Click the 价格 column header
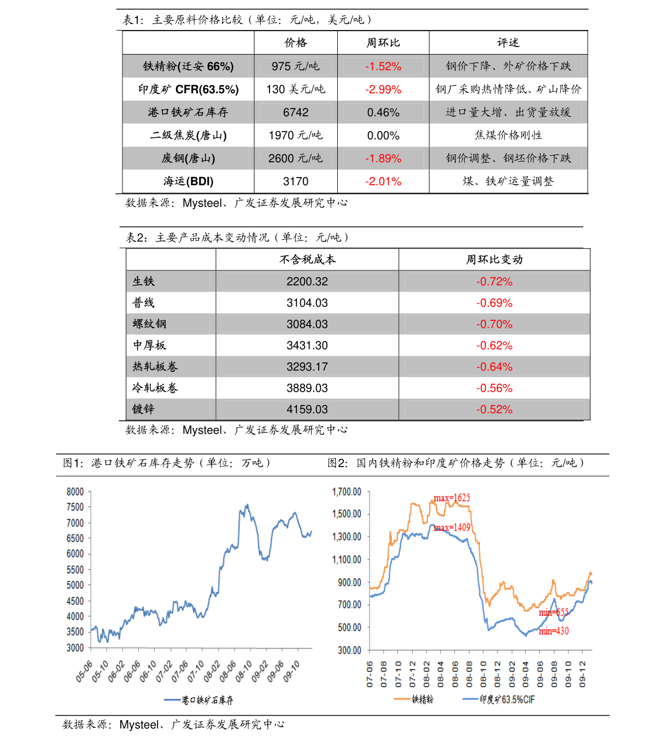(x=296, y=43)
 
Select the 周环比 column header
(x=383, y=43)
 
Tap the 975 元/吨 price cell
(x=296, y=66)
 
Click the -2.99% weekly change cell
(x=383, y=89)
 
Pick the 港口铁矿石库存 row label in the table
(x=188, y=112)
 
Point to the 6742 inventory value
(x=296, y=112)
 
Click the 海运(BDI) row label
(x=188, y=181)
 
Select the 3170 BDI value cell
(x=296, y=181)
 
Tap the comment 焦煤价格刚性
(x=508, y=135)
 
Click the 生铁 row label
(x=144, y=281)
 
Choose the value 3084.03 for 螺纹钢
(x=307, y=324)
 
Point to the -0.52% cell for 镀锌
(x=494, y=409)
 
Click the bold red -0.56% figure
(x=494, y=388)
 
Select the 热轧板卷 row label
(x=155, y=367)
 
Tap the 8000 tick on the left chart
(x=75, y=492)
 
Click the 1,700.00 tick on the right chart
(x=347, y=492)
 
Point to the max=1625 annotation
(x=452, y=498)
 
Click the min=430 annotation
(x=554, y=631)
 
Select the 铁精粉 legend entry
(x=422, y=699)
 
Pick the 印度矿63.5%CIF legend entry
(x=507, y=699)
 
